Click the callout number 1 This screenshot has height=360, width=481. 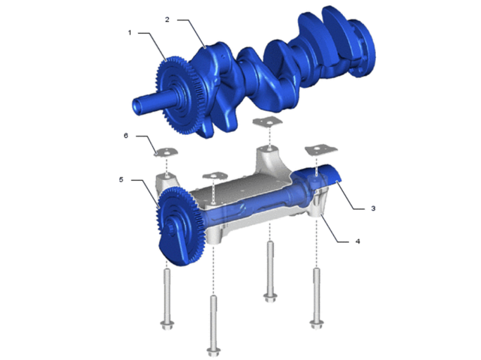[x=130, y=32]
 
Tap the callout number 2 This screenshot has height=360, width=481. [x=167, y=19]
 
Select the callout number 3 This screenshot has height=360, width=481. [x=373, y=208]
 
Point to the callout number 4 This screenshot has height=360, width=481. [x=358, y=241]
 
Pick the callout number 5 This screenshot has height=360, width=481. [x=121, y=180]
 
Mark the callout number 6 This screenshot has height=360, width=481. [x=126, y=136]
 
